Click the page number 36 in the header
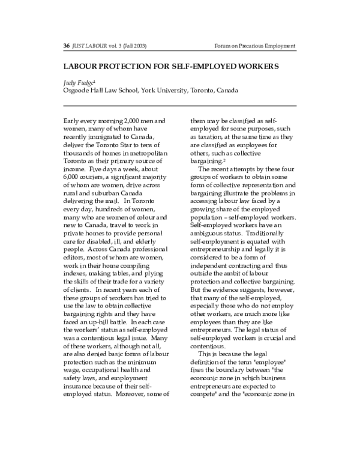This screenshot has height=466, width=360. coord(66,46)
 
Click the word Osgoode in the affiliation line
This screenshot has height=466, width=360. coord(77,91)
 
